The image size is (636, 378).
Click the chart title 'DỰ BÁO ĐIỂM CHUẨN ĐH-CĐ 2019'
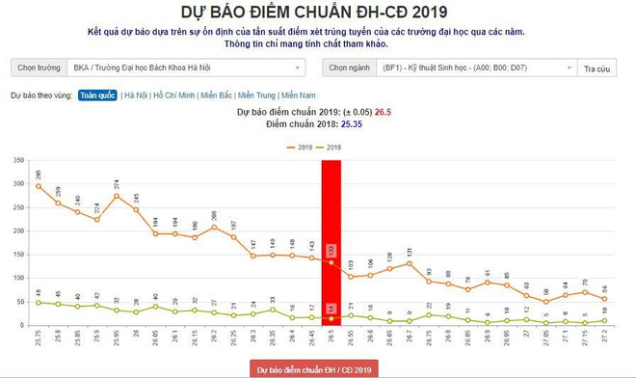pyautogui.click(x=318, y=12)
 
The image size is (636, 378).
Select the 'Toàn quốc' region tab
pyautogui.click(x=97, y=96)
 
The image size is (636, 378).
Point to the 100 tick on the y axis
pyautogui.click(x=18, y=278)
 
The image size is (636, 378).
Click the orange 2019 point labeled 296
pyautogui.click(x=39, y=186)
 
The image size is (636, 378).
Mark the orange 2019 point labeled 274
pyautogui.click(x=117, y=196)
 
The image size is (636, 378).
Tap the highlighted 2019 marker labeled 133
pyautogui.click(x=331, y=262)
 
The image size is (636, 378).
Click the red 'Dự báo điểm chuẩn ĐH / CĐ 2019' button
pyautogui.click(x=318, y=369)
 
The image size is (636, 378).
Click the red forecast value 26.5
pyautogui.click(x=383, y=112)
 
